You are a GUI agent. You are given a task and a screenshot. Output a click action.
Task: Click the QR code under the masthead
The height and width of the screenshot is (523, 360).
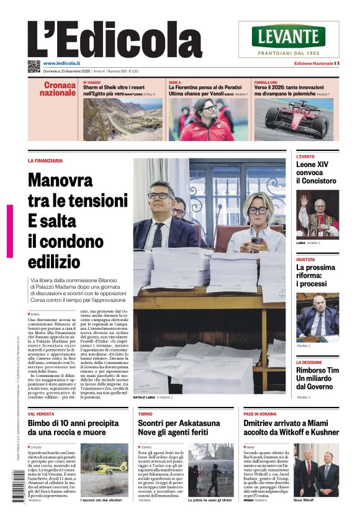click(34, 66)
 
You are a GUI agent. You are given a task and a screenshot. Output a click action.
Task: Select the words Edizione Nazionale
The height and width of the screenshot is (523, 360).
click(313, 63)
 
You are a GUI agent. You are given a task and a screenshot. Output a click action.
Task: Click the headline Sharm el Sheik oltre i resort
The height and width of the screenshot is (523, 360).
click(114, 88)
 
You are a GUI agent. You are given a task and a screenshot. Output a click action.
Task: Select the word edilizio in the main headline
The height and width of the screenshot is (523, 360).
click(54, 261)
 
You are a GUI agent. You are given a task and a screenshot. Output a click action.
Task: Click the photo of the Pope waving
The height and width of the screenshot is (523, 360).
click(317, 214)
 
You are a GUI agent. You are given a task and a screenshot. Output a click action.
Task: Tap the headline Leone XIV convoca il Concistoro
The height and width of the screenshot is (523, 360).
click(317, 173)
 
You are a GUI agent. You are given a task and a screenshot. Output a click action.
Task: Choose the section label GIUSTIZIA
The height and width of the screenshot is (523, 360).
click(305, 260)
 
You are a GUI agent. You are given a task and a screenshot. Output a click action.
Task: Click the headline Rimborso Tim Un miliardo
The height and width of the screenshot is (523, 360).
click(317, 374)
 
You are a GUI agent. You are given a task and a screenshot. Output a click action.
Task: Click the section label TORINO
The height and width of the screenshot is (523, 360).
click(145, 413)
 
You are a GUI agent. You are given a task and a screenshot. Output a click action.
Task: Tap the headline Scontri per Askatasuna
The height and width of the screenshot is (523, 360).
click(179, 423)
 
